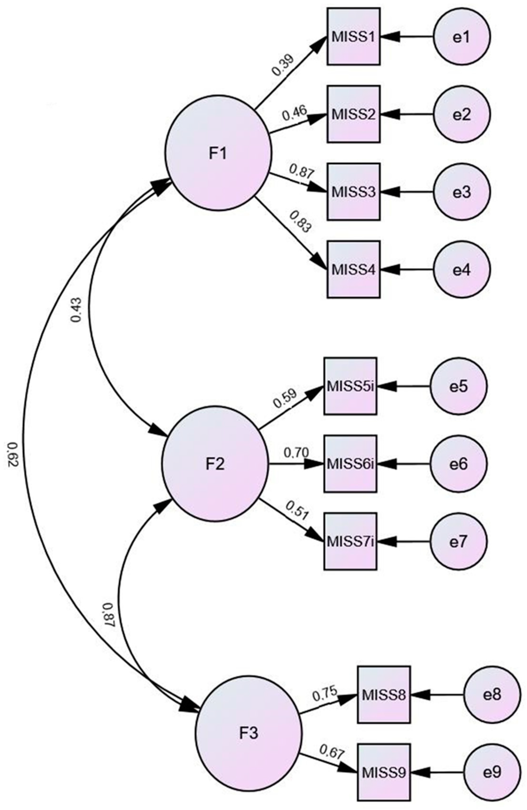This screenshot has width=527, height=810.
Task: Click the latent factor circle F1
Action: coord(219,153)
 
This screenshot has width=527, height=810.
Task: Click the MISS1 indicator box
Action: coord(353,36)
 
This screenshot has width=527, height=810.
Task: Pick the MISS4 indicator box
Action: coord(353,270)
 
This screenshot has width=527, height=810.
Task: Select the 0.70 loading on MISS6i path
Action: coord(296,453)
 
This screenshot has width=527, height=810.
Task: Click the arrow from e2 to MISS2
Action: coord(407,114)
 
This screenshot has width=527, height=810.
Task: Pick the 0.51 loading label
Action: coord(297,510)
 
